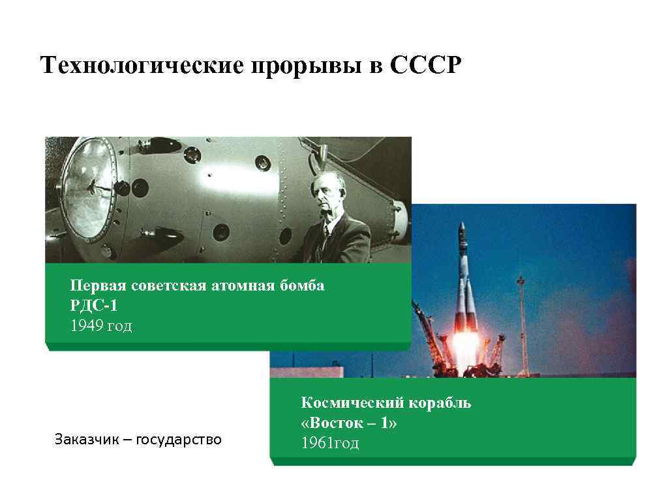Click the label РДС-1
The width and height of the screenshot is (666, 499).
(95, 306)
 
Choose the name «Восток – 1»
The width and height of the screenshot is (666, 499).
(349, 423)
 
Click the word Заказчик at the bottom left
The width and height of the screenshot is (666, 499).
(85, 440)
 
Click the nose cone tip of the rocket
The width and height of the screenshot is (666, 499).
(462, 225)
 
